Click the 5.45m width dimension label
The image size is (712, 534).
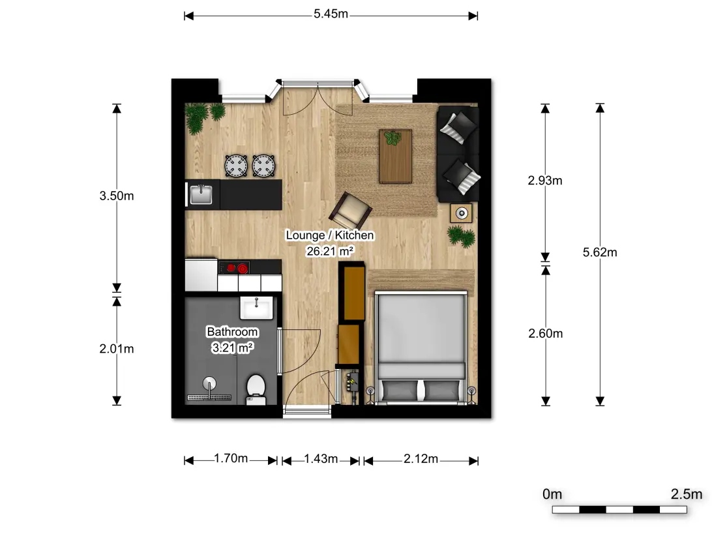coord(331,14)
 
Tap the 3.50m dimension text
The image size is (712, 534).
coord(117,196)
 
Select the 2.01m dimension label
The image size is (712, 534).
coord(117,349)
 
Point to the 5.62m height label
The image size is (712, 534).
coord(600,252)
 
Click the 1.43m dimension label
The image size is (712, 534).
coord(321,459)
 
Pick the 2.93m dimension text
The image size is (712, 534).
coord(545,181)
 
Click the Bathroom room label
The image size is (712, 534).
coord(233,332)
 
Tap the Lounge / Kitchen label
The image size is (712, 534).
coord(330,235)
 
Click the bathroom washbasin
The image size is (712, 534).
coord(256,308)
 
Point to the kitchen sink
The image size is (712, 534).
coord(201,195)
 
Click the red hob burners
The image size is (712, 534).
coord(237,268)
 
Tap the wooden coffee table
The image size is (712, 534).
coord(396,156)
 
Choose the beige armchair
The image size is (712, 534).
coord(350,211)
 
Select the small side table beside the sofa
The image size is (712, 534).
coord(462,213)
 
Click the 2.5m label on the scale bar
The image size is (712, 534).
coord(686,494)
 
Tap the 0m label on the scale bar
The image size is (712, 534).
coord(552,494)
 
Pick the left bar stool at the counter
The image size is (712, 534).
coord(237,166)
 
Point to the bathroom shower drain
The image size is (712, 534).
coord(209,398)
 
